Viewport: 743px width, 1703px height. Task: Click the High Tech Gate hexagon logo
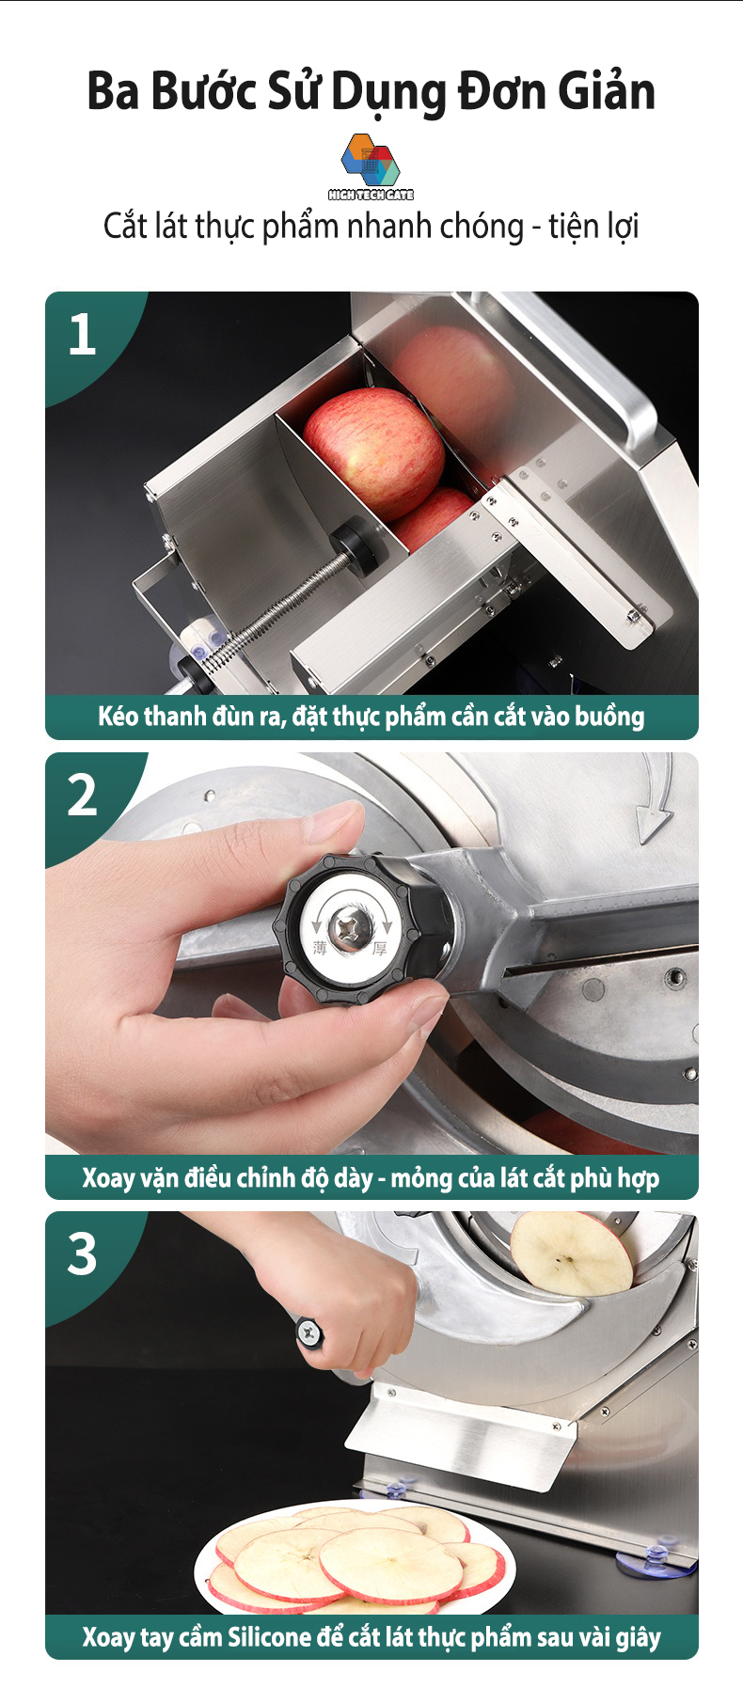tap(371, 161)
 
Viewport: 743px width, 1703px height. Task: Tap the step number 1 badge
tap(83, 335)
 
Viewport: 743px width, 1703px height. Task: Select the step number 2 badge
tap(83, 796)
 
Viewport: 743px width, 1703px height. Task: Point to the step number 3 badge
tap(83, 1254)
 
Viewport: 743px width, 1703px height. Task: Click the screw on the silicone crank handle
tap(308, 1331)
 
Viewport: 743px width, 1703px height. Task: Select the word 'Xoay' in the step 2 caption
tap(108, 1177)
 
